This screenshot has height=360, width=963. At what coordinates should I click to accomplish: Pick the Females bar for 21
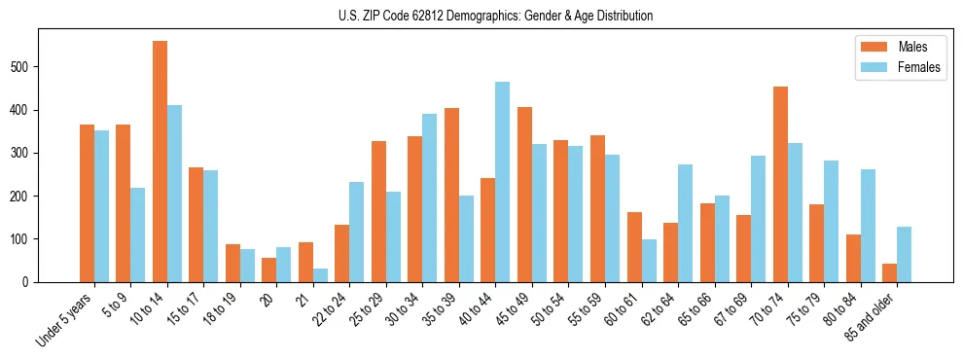(x=320, y=275)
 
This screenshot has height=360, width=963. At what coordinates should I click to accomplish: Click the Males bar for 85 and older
(x=889, y=272)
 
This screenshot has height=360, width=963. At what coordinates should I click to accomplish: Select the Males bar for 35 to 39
(x=451, y=195)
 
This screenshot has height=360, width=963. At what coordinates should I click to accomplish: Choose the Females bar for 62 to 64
(x=685, y=223)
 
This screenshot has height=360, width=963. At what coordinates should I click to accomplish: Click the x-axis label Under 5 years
(x=66, y=319)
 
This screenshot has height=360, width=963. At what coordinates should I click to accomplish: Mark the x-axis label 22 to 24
(x=327, y=310)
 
